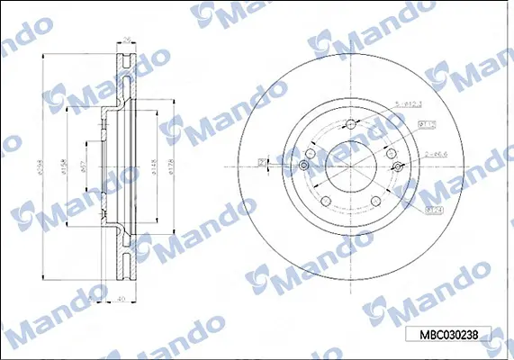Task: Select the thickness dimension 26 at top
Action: [126, 40]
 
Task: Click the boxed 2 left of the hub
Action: [261, 161]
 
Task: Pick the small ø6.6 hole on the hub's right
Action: [397, 166]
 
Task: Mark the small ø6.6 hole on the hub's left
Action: [304, 166]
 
